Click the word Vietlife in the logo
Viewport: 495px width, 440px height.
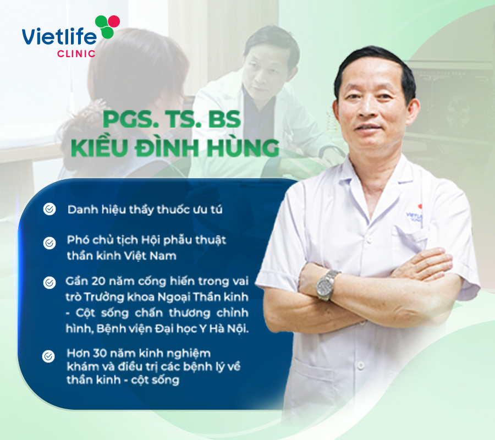59,37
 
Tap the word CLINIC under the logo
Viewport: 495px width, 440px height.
76,54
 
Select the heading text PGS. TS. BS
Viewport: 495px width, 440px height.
172,119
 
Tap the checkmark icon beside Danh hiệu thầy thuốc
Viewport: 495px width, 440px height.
50,209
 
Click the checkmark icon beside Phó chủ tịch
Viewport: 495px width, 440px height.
50,243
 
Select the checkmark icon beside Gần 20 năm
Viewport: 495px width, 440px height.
50,283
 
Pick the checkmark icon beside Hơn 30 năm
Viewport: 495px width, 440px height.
48,356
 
